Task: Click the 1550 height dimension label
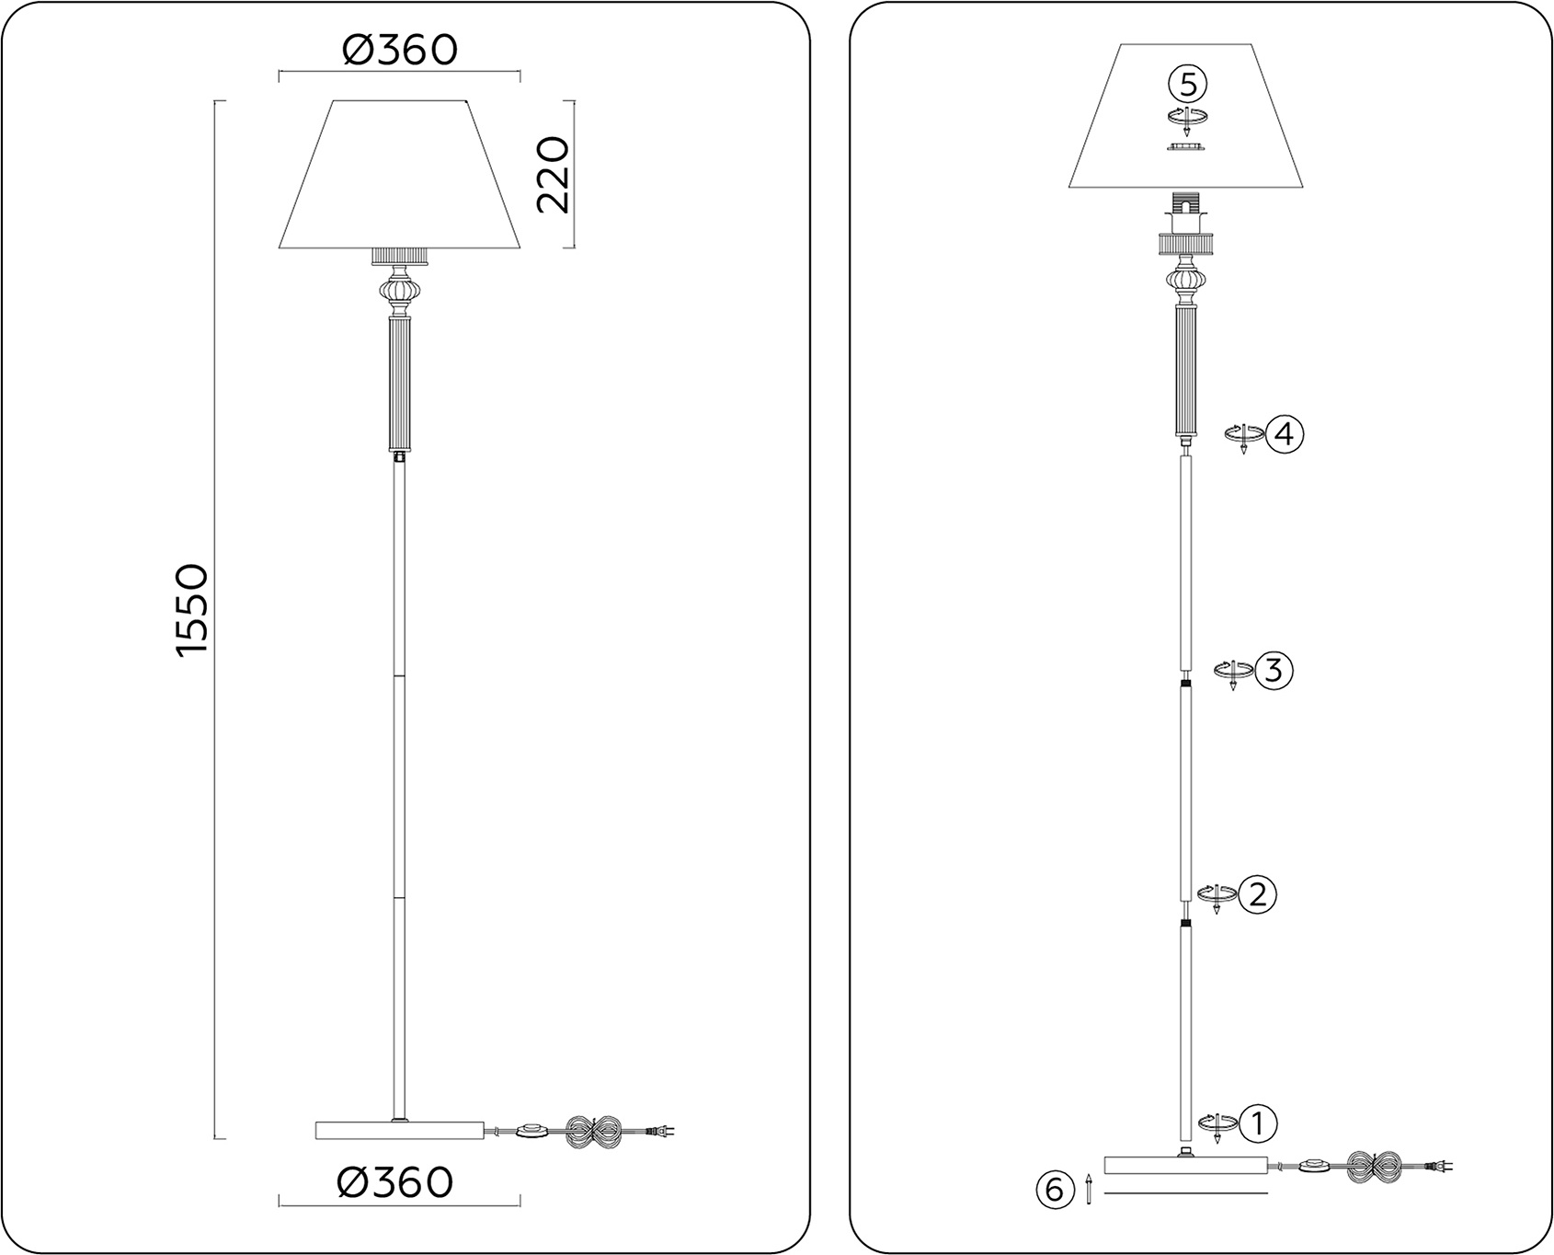(193, 611)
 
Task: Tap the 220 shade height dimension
(553, 175)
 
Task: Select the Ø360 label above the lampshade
(399, 50)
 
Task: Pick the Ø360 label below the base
(395, 1182)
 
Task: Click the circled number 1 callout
(1258, 1123)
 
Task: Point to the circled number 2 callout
(1257, 894)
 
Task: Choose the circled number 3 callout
(1274, 671)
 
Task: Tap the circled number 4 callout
(1285, 432)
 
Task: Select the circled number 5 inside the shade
(1188, 85)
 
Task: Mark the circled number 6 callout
(1055, 1190)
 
